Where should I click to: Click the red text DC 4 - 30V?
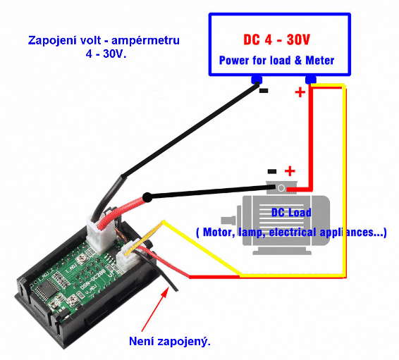pos(276,39)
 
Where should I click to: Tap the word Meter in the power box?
pos(319,61)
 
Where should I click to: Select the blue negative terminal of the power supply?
pos(257,80)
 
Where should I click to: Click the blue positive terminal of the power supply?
pos(311,80)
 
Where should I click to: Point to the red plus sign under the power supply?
pos(300,92)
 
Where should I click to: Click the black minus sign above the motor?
pos(272,171)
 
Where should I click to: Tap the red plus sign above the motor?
pos(290,171)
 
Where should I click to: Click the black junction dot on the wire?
pos(147,197)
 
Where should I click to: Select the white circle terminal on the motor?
pos(281,188)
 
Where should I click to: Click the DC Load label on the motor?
pos(291,213)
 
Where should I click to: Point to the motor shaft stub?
pos(228,221)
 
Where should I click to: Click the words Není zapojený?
pos(170,342)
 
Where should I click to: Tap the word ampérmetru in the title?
pos(145,41)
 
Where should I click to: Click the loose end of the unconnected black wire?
pos(177,290)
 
